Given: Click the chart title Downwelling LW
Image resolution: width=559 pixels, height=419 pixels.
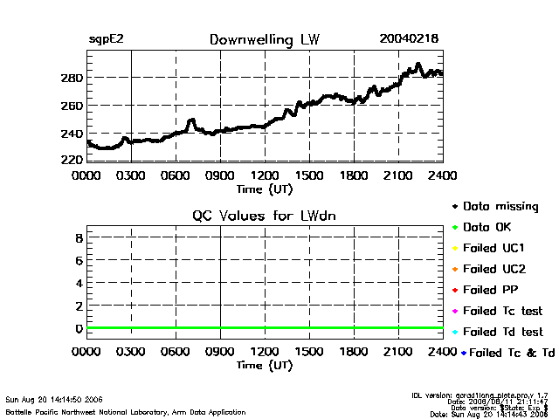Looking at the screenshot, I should point(264,39).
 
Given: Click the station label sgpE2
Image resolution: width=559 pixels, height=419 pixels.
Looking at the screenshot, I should point(107,39).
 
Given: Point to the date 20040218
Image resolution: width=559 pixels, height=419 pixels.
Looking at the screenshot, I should point(409,39).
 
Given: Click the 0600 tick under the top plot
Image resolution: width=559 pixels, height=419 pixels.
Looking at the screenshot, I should point(176,175).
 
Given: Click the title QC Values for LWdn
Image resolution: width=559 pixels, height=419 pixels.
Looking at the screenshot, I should point(264,216).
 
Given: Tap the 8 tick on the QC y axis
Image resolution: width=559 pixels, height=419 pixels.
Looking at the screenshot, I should point(79,237).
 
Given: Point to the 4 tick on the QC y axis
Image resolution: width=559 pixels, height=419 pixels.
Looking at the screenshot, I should point(79,283).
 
